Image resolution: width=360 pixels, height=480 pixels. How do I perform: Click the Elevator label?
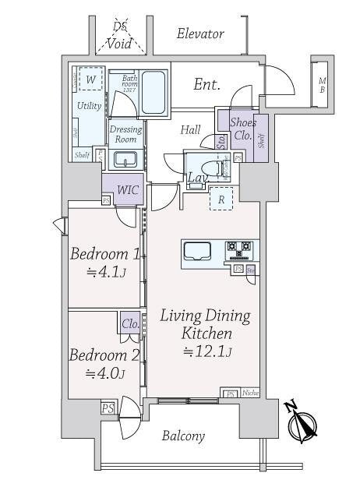pyautogui.click(x=199, y=34)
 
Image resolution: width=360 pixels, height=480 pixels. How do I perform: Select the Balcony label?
pyautogui.click(x=184, y=436)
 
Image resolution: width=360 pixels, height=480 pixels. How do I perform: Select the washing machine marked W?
pyautogui.click(x=90, y=80)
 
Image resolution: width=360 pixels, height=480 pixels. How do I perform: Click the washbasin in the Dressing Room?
pyautogui.click(x=125, y=160)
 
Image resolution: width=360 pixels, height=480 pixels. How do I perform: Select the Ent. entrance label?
pyautogui.click(x=206, y=84)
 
